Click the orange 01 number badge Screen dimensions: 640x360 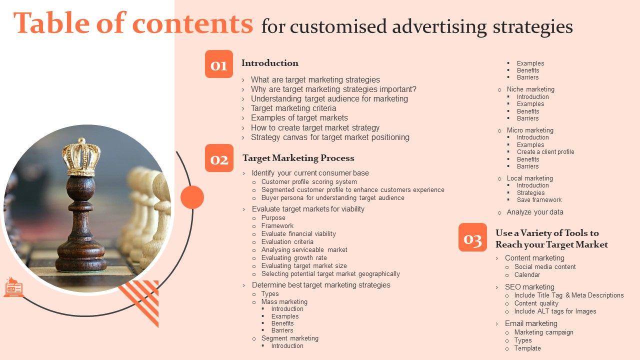219,64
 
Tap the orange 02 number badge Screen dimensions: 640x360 219,158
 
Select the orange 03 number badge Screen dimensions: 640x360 472,237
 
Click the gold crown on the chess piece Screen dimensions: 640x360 81,157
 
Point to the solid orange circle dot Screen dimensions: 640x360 192,197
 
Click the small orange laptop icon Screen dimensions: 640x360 13,287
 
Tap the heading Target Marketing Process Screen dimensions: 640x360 298,158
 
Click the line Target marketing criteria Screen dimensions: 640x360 293,108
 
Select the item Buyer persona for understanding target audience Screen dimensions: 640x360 333,197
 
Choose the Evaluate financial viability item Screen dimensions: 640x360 298,233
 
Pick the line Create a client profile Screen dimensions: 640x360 545,152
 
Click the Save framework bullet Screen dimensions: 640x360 539,200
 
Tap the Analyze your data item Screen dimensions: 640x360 535,212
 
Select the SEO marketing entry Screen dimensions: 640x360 529,287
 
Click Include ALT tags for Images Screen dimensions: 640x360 555,311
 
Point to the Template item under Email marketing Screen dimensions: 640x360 527,348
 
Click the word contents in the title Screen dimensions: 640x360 192,23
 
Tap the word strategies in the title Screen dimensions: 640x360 533,27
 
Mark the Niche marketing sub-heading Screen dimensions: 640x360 530,89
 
